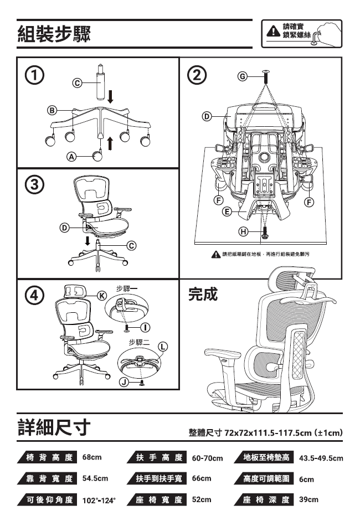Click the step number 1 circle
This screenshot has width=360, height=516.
pyautogui.click(x=35, y=76)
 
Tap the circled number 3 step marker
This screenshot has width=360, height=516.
pyautogui.click(x=35, y=185)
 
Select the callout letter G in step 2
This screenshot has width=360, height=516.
pyautogui.click(x=242, y=76)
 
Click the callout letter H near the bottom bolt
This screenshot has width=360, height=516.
pyautogui.click(x=243, y=232)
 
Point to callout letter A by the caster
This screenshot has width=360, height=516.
pyautogui.click(x=71, y=157)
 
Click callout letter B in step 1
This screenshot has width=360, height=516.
pyautogui.click(x=52, y=110)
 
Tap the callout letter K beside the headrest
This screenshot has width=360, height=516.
pyautogui.click(x=102, y=296)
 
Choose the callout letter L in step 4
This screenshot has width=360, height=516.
pyautogui.click(x=163, y=347)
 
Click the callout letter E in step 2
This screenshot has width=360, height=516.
pyautogui.click(x=227, y=212)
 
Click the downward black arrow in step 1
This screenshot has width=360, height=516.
pyautogui.click(x=111, y=96)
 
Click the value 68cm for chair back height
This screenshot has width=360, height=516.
pyautogui.click(x=92, y=457)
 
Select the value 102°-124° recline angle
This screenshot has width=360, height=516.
pyautogui.click(x=99, y=500)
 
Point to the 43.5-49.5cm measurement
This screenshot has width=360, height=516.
pyautogui.click(x=321, y=458)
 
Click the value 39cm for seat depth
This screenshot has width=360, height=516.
pyautogui.click(x=308, y=499)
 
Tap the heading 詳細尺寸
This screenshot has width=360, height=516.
pyautogui.click(x=54, y=427)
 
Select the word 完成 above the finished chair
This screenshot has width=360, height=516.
pyautogui.click(x=203, y=294)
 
